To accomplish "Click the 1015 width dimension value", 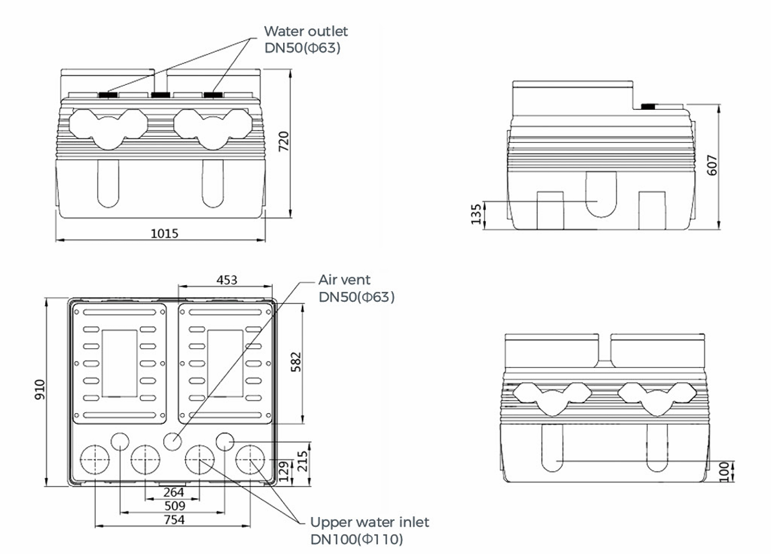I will (164, 233).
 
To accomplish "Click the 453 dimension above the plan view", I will (226, 280).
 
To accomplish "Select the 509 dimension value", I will (174, 505).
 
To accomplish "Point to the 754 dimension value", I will (174, 520).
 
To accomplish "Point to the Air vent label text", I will (344, 280).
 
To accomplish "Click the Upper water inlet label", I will (369, 522).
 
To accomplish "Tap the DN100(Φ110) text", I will (357, 539).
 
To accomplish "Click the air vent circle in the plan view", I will (172, 442).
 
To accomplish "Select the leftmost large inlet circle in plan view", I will (94, 460).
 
